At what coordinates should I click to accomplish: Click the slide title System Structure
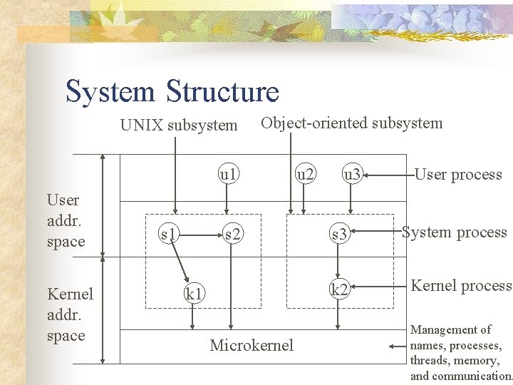click(172, 92)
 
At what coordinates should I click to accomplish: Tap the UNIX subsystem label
click(179, 125)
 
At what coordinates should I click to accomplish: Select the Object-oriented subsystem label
click(351, 123)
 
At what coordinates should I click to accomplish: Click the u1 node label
click(229, 173)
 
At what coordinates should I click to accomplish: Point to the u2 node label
click(306, 173)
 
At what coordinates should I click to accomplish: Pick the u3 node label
click(352, 173)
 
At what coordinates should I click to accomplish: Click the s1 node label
click(168, 232)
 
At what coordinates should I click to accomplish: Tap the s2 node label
click(232, 232)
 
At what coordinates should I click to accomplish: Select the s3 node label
click(339, 232)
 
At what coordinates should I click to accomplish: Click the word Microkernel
click(252, 346)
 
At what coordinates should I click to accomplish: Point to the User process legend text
click(458, 174)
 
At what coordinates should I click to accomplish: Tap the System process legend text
click(455, 232)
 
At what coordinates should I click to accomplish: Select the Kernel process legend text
click(461, 286)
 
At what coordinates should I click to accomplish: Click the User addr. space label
click(65, 220)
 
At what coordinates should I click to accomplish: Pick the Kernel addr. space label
click(69, 314)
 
